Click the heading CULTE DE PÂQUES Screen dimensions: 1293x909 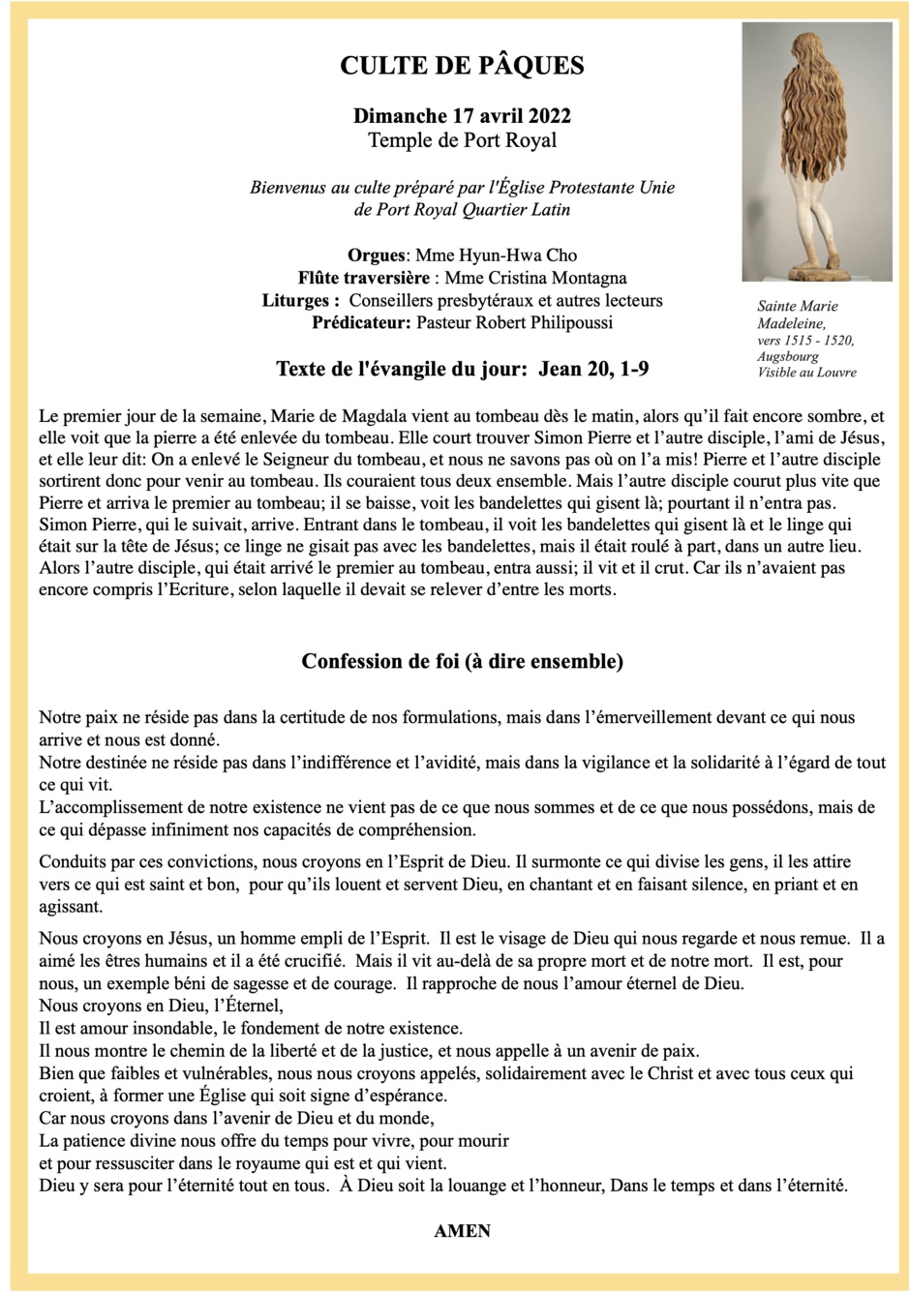click(462, 66)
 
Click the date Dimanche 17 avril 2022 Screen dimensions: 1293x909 click(462, 116)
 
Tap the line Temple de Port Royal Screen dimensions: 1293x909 click(462, 140)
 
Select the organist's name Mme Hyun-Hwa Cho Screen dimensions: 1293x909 click(496, 256)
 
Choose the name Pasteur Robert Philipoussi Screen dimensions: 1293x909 click(514, 322)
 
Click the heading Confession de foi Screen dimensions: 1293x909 click(462, 662)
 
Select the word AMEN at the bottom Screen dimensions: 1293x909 click(462, 1231)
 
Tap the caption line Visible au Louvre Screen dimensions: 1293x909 click(806, 373)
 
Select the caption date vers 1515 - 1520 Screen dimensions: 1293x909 click(805, 340)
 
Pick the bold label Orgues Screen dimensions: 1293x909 click(376, 256)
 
